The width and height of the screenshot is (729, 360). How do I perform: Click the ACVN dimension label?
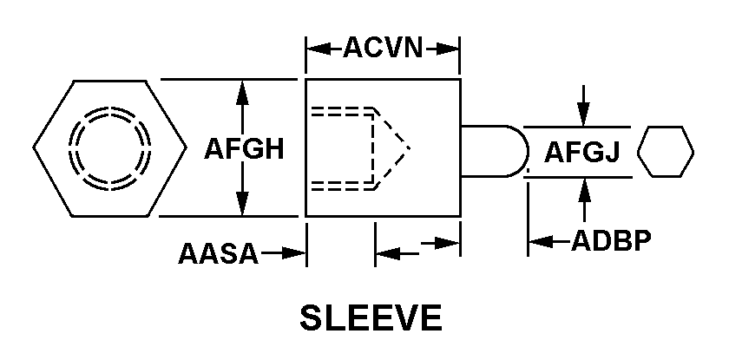[382, 48]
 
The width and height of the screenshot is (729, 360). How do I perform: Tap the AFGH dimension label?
[244, 149]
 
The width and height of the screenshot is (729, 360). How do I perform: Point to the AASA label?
[218, 253]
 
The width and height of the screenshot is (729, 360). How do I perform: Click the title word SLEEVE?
[370, 318]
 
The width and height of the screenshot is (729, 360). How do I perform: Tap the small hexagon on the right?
[666, 152]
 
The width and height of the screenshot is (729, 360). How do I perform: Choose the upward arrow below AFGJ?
[584, 187]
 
